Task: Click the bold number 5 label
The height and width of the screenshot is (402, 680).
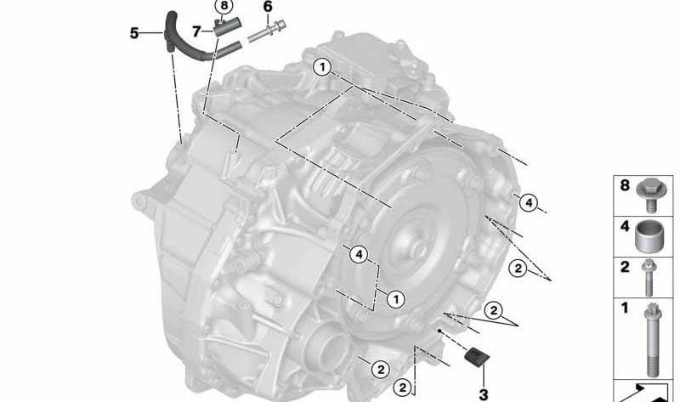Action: [134, 33]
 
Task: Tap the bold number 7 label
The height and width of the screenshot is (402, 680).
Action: [196, 31]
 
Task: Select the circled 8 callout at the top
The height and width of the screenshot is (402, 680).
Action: [224, 6]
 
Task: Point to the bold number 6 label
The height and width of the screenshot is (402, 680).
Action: [268, 7]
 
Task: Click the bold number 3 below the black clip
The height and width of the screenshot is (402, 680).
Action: [484, 394]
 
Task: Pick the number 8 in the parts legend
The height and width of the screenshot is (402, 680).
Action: [625, 185]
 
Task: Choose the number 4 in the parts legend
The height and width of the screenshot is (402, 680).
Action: [625, 226]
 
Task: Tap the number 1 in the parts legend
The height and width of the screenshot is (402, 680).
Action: [625, 308]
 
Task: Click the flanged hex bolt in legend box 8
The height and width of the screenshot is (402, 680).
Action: [651, 195]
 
